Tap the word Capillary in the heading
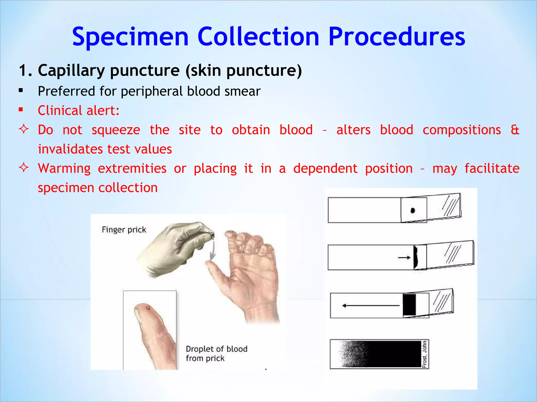pos(71,71)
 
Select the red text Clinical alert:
pos(79,110)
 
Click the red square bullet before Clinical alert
pos(21,110)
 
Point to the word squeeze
pos(116,130)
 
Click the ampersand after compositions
pos(515,130)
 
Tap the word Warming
pos(64,168)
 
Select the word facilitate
pos(492,168)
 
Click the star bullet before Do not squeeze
pos(24,129)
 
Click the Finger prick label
pos(124,230)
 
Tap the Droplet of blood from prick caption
pos(216,353)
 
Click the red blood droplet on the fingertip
pos(148,308)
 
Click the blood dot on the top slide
pos(412,210)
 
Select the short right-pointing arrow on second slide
pos(404,258)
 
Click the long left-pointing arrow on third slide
pos(371,305)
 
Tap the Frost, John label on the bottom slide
pos(425,354)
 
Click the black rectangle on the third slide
pos(409,305)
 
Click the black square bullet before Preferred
pos(21,91)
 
